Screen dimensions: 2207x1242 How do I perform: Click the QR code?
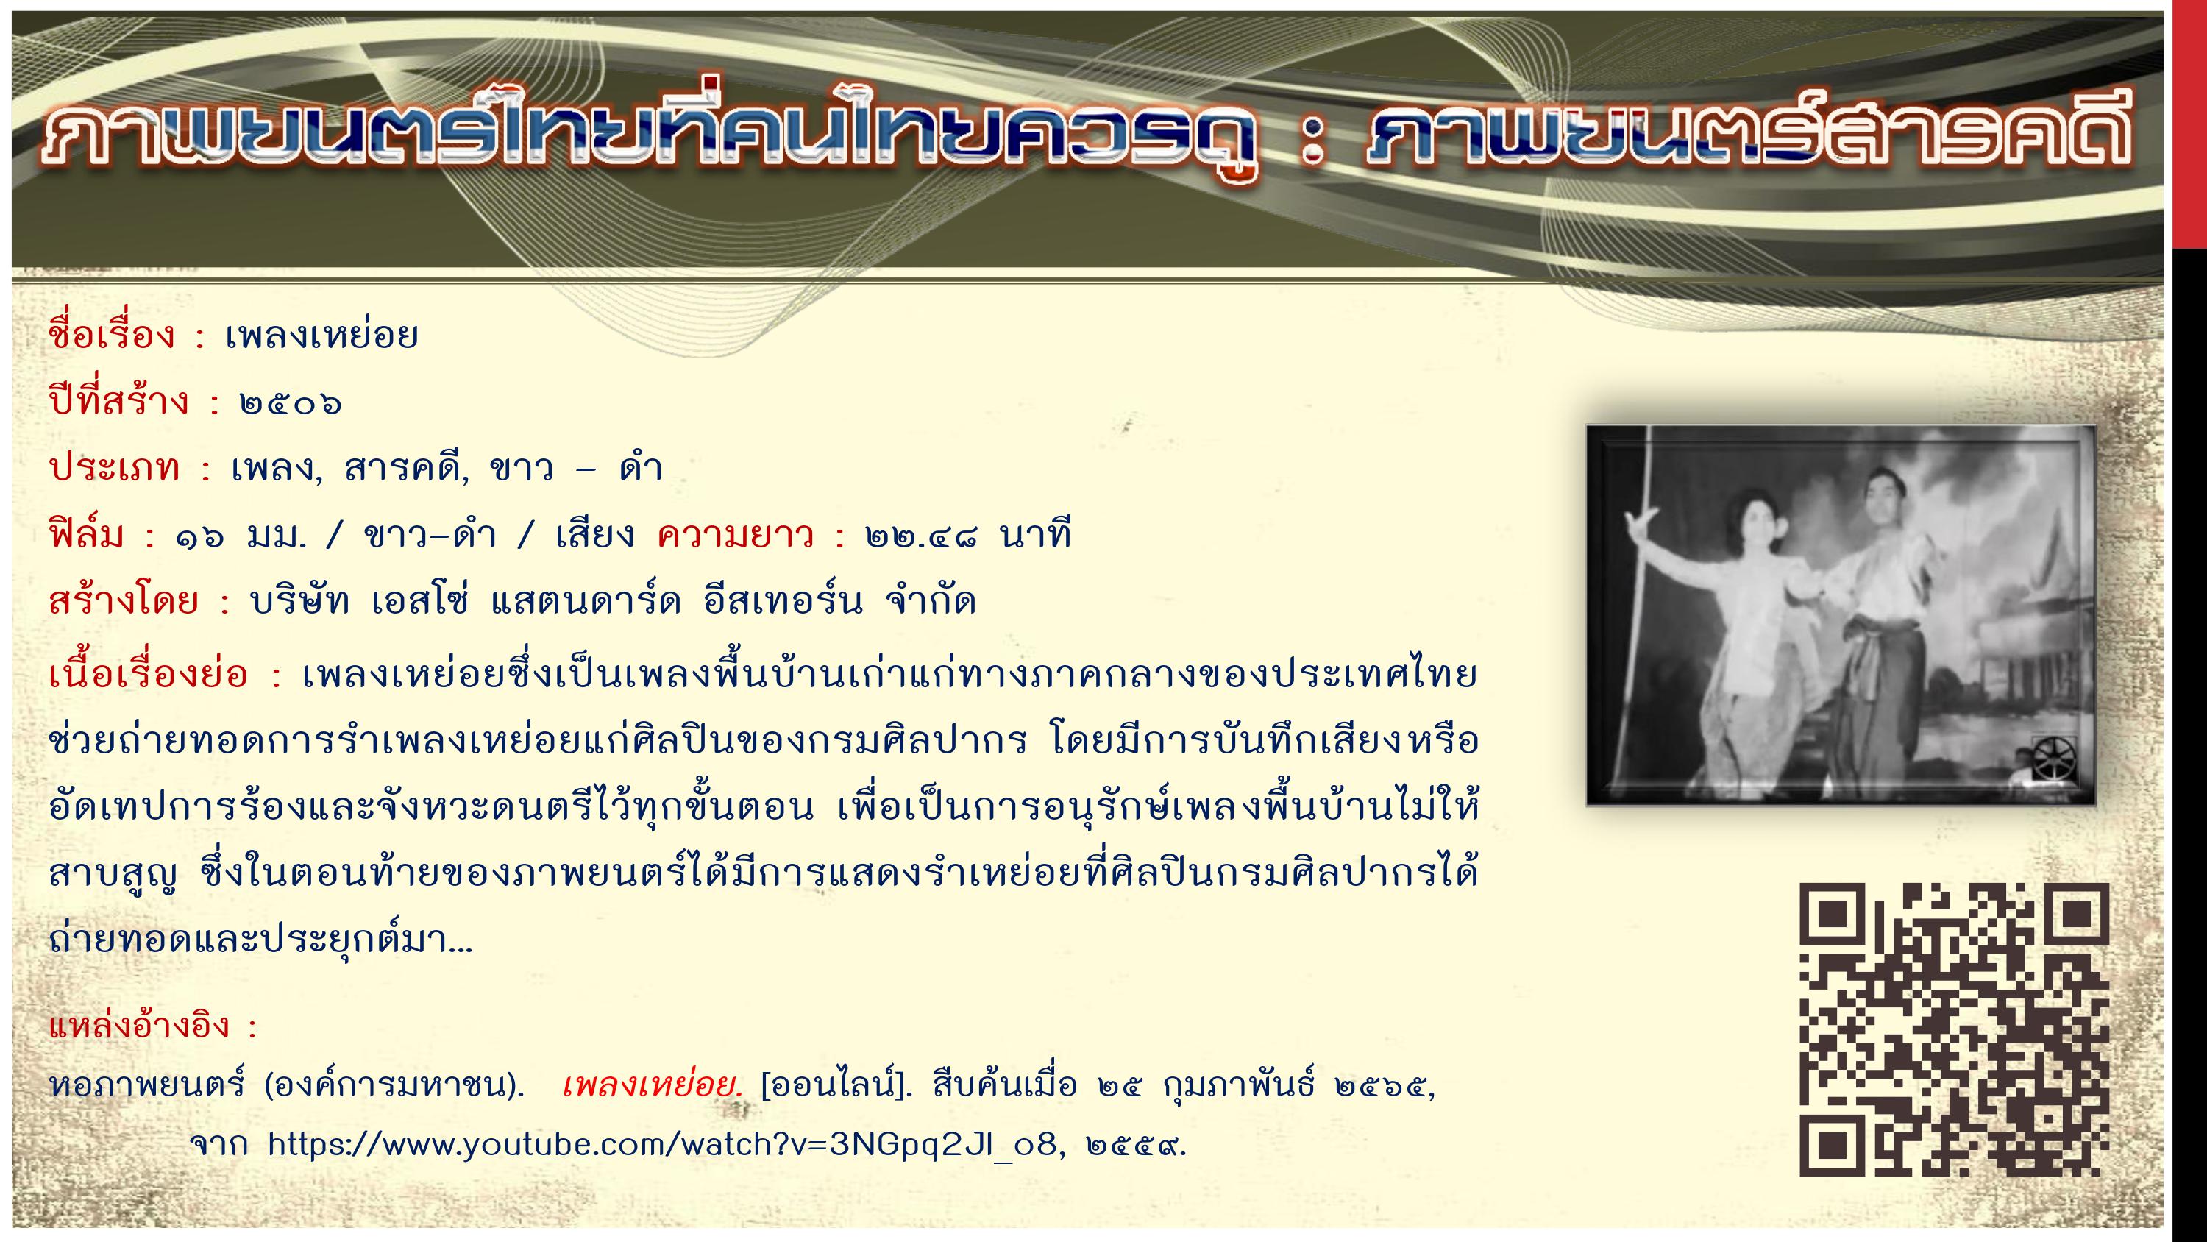pyautogui.click(x=1953, y=1029)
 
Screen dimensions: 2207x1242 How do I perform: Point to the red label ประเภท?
pyautogui.click(x=115, y=468)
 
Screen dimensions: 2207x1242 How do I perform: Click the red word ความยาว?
pyautogui.click(x=735, y=535)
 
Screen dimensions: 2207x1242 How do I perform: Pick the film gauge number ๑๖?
pyautogui.click(x=199, y=537)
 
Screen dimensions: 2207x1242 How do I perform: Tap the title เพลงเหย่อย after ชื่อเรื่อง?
pyautogui.click(x=321, y=334)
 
